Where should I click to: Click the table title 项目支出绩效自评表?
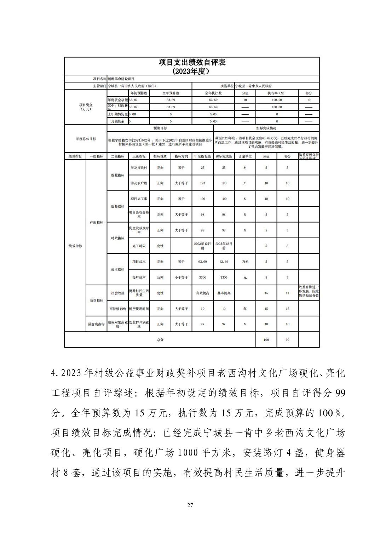pos(192,63)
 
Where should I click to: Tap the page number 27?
pos(190,505)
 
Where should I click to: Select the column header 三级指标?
pos(139,156)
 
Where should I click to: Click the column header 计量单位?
pos(245,156)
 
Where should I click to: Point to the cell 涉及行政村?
pos(139,168)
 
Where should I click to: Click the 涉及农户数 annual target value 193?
pos(202,183)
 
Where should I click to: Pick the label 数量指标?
pos(117,175)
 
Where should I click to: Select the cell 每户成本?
pos(139,277)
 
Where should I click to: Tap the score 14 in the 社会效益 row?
pos(287,293)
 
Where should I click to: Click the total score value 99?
pos(287,340)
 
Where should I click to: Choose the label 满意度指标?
pos(96,324)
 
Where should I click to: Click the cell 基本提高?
pos(224,293)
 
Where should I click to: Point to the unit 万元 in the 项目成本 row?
pos(245,262)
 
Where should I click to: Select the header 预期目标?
pos(160,128)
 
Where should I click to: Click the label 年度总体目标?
pos(86,139)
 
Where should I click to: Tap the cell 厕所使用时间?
pos(139,309)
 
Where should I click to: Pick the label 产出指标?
pos(96,222)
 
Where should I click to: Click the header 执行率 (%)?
pos(276,93)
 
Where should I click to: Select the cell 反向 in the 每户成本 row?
pos(160,277)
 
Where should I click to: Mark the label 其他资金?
pos(117,121)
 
